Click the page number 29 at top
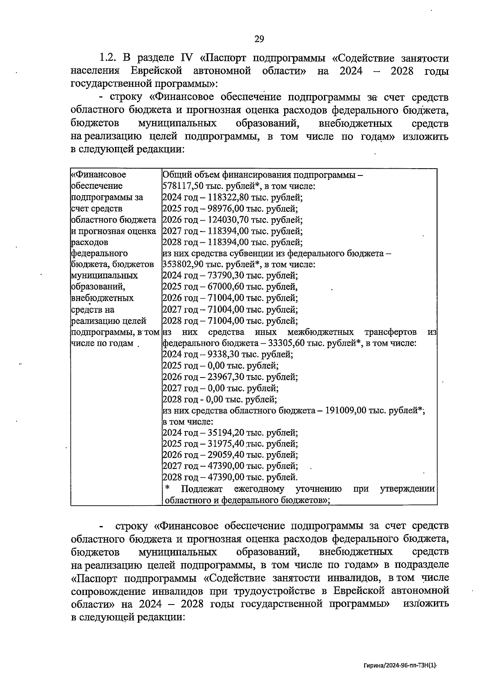tap(259, 39)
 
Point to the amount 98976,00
tap(226, 209)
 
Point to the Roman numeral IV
tap(187, 58)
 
